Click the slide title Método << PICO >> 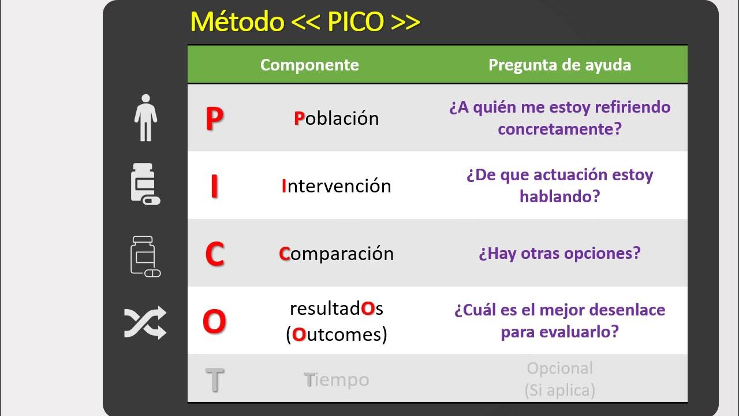[305, 22]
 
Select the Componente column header [309, 65]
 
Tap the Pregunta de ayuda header [559, 65]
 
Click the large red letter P [214, 118]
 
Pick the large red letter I [214, 186]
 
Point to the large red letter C [214, 254]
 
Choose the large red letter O [214, 322]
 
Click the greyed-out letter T [214, 380]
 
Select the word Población [337, 118]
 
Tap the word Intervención [337, 186]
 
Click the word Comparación [337, 254]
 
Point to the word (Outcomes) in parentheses [337, 334]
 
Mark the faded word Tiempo [337, 380]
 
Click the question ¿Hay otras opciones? [559, 254]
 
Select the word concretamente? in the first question [559, 129]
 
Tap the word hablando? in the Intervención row [559, 196]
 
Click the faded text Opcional [559, 368]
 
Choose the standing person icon [145, 118]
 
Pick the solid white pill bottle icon [144, 184]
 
